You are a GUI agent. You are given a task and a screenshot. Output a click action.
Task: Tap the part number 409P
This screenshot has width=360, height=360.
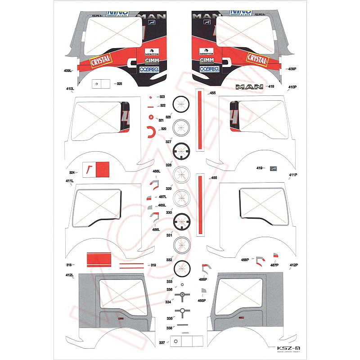[292, 69]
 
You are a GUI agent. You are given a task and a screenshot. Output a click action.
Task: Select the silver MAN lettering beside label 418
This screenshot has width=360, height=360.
[248, 87]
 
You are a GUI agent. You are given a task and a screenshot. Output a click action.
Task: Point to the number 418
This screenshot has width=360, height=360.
[271, 86]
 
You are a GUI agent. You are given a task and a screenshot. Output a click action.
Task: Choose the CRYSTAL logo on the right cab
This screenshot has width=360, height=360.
[257, 59]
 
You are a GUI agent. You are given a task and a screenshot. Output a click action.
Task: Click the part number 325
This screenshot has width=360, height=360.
[119, 84]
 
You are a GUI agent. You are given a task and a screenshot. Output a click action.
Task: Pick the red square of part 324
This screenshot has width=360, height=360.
[103, 169]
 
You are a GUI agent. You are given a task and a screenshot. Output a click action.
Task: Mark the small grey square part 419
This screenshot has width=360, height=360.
[273, 168]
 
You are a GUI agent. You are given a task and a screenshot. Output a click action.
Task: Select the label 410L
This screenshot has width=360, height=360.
[70, 89]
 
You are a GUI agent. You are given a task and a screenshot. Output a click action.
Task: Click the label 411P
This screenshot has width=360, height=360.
[293, 175]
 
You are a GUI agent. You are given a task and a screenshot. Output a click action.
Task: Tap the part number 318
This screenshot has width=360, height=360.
[69, 265]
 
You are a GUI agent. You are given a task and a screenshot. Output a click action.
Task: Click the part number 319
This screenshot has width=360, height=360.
[153, 265]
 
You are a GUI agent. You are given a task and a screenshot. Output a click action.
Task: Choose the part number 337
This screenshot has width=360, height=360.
[162, 343]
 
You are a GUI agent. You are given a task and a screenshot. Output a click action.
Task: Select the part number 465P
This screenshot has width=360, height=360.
[202, 300]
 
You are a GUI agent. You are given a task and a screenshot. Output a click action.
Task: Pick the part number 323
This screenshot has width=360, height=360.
[162, 97]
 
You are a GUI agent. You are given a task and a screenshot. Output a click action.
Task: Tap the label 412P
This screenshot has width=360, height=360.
[294, 265]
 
